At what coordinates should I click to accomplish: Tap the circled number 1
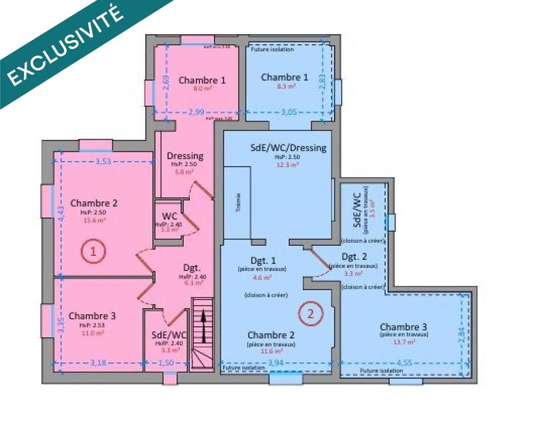point(94,252)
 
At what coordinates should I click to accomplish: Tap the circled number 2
point(309,312)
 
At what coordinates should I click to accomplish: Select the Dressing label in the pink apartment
point(185,156)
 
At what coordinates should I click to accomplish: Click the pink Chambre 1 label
point(202,80)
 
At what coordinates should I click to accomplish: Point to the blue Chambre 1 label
point(284,78)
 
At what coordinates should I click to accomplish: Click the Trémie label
point(238,206)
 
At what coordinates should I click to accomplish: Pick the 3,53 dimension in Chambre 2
point(104,161)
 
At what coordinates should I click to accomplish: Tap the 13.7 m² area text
point(405,341)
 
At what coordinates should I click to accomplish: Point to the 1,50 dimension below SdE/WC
point(165,363)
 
